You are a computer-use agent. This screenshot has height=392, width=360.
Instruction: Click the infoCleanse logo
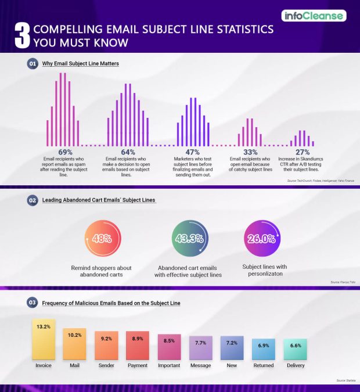point(314,16)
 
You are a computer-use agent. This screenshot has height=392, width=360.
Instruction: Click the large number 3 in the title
point(21,35)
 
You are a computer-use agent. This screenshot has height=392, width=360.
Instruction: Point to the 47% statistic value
point(192,152)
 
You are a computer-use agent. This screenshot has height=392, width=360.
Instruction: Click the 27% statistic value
point(303,152)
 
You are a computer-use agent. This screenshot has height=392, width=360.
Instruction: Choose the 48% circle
point(102,238)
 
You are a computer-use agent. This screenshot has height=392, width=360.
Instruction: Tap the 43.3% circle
point(188,238)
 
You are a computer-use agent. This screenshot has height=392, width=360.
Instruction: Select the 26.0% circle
point(261,238)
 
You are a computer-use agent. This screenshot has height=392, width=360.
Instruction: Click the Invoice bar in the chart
point(43,339)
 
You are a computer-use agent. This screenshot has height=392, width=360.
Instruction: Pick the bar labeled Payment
point(137,346)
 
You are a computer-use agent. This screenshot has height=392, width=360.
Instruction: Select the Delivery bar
point(295,350)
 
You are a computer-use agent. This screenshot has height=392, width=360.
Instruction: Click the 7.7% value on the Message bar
point(200,343)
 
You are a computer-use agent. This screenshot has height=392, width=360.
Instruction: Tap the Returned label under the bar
point(263,365)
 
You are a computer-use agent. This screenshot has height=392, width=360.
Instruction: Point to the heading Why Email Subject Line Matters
point(81,63)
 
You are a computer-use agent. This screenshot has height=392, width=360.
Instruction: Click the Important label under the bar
point(169,365)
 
